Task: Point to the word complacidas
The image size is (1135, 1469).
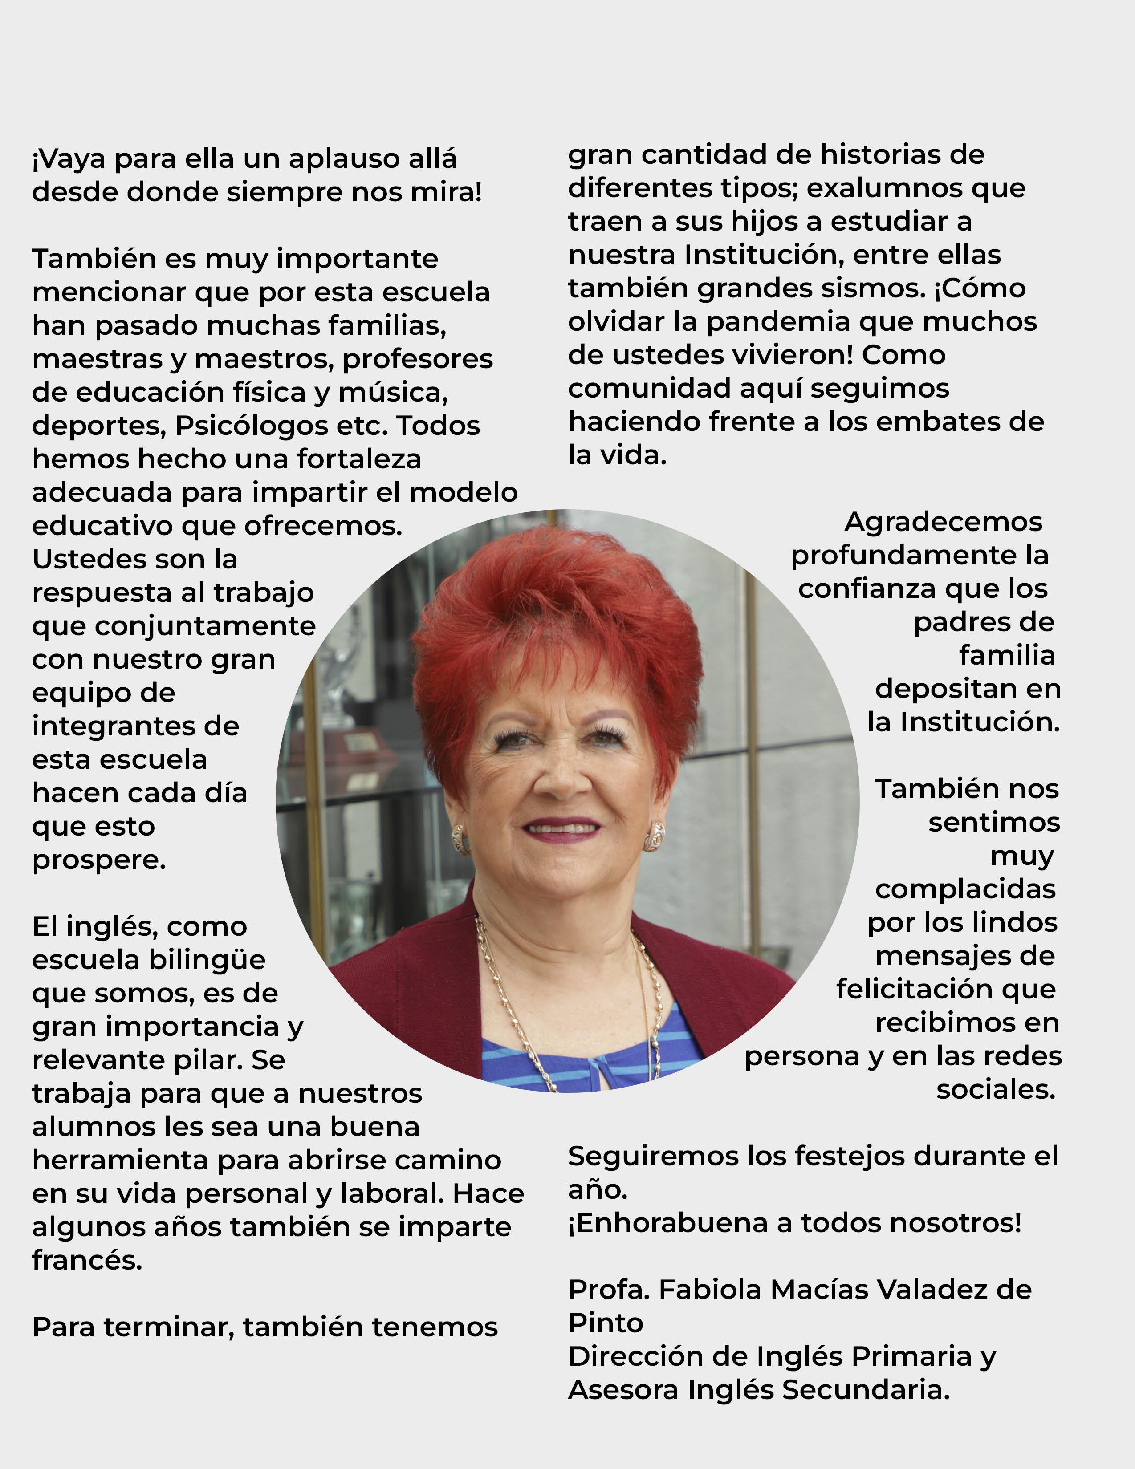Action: pyautogui.click(x=965, y=889)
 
